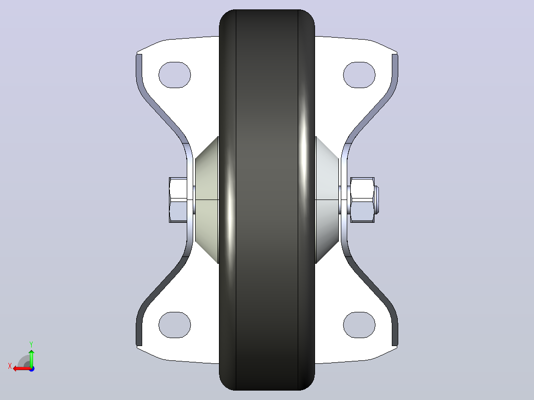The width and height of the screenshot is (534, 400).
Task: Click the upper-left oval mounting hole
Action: [175, 75]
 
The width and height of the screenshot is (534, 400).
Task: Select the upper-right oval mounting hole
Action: [359, 75]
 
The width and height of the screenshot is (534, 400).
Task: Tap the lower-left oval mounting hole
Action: [175, 325]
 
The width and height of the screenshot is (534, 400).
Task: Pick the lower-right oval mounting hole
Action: [359, 325]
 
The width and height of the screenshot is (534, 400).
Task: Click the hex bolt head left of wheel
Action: [178, 200]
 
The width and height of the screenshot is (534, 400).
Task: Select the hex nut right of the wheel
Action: [363, 200]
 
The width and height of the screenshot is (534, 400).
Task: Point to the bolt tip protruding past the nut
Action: [376, 200]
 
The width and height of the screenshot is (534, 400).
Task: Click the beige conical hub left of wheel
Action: [207, 200]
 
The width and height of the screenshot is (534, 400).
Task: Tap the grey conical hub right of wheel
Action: [327, 200]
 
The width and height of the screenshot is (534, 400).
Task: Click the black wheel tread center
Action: [267, 200]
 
